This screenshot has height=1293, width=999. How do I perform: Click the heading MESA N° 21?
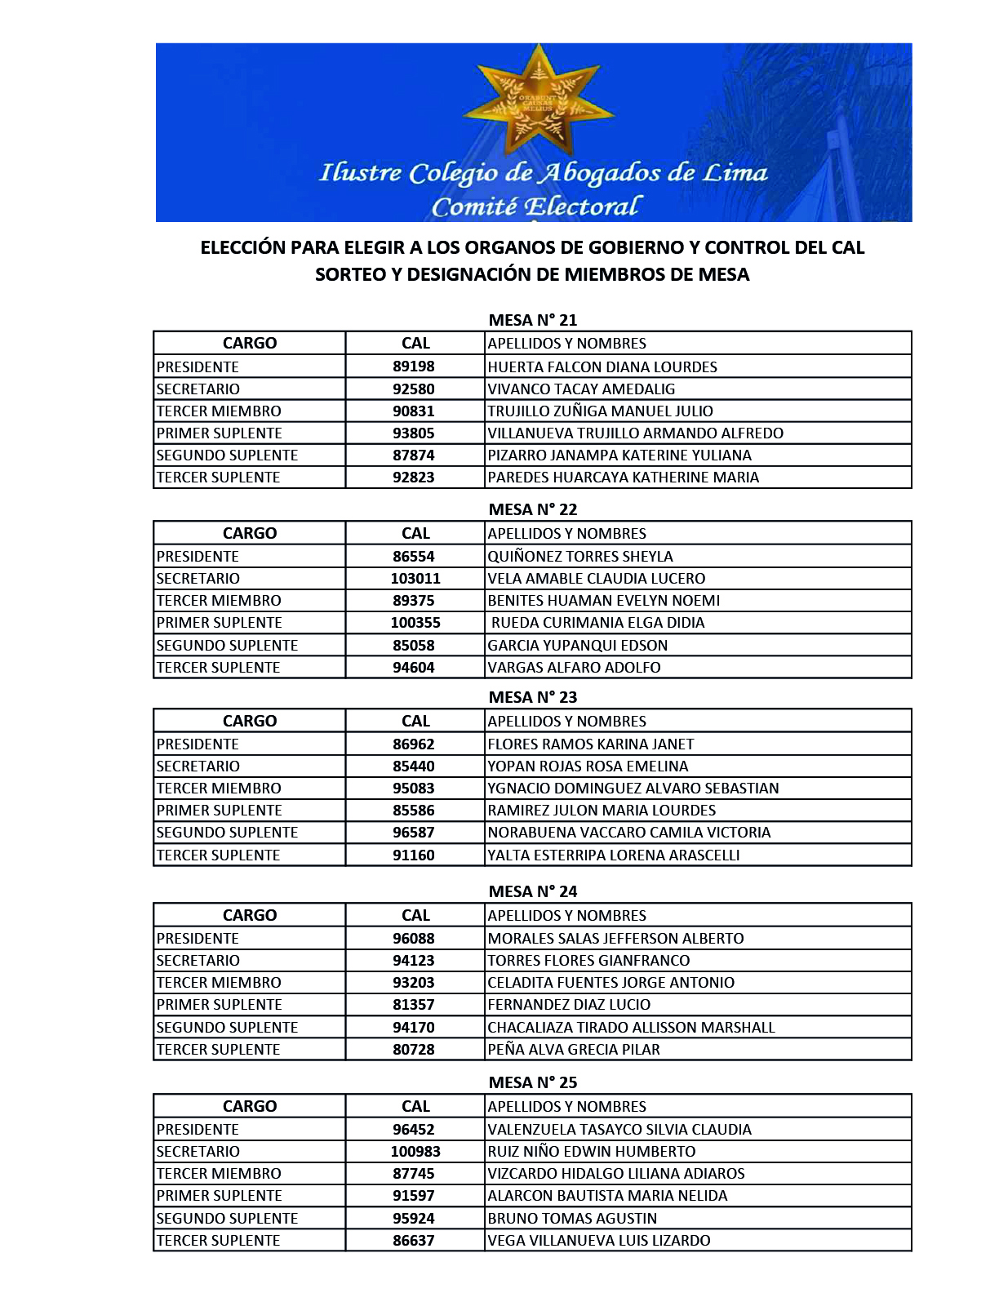click(x=532, y=320)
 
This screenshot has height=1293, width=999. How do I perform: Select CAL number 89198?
click(x=414, y=367)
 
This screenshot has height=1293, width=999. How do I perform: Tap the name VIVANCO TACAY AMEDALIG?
click(x=581, y=389)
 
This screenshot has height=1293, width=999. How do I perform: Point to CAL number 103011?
click(x=415, y=578)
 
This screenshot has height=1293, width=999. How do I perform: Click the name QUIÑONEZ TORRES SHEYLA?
click(x=580, y=556)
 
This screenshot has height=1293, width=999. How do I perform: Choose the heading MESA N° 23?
click(x=532, y=697)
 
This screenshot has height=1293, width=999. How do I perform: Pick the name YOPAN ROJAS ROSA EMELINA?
click(x=588, y=766)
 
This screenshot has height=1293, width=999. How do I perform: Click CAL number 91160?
click(x=414, y=855)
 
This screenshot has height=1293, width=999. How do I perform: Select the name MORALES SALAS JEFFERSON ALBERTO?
click(x=615, y=938)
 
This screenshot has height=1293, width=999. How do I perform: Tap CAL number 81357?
click(x=414, y=1004)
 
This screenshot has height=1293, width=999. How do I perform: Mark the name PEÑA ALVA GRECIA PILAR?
click(x=574, y=1049)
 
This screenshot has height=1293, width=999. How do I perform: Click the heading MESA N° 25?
click(x=532, y=1082)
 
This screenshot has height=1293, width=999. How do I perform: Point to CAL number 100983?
click(x=415, y=1151)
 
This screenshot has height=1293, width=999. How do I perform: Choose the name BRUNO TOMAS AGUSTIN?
click(x=572, y=1218)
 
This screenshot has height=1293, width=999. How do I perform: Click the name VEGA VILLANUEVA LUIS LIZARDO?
click(x=599, y=1240)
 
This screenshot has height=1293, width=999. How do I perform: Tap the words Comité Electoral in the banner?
click(x=536, y=207)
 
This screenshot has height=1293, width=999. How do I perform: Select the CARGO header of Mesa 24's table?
click(x=250, y=915)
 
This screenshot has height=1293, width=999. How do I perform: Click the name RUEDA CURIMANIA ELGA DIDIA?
click(x=597, y=622)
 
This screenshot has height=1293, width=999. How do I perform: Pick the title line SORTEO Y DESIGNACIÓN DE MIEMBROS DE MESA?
click(x=532, y=274)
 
